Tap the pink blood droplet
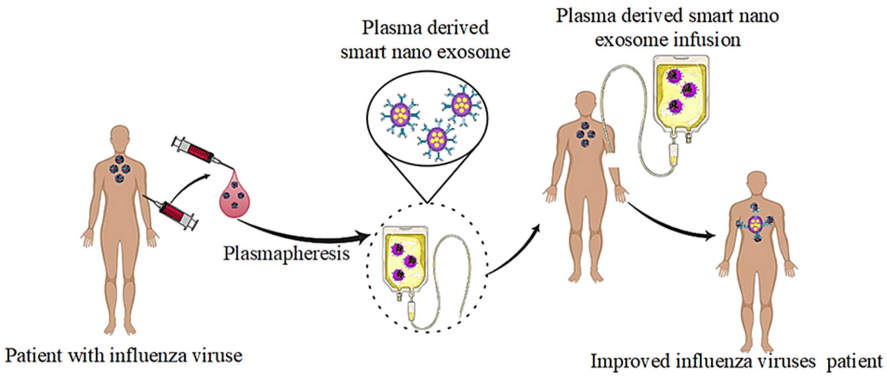[x=235, y=199]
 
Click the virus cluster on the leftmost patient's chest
[x=119, y=168]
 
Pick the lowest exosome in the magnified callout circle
[x=437, y=139]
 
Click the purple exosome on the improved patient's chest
[x=755, y=224]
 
